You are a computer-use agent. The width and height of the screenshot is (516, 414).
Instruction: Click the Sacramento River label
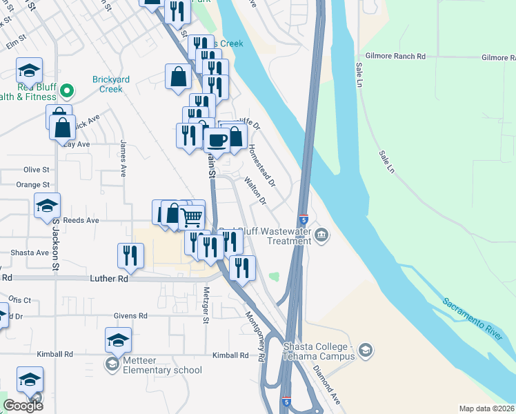tap(473, 318)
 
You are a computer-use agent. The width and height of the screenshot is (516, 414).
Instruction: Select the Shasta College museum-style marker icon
tap(366, 351)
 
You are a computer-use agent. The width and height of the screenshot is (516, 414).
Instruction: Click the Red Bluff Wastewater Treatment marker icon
tap(321, 236)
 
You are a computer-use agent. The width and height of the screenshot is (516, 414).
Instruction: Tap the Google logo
tap(23, 406)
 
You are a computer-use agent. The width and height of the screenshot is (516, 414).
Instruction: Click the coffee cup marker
tap(217, 140)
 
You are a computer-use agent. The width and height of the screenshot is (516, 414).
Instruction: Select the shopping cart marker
tap(192, 218)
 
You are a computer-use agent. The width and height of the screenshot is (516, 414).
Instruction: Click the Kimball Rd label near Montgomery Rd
tap(230, 355)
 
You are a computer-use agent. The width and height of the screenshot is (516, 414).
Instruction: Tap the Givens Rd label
tap(133, 315)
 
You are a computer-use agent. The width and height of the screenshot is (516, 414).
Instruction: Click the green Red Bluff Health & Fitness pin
tap(67, 90)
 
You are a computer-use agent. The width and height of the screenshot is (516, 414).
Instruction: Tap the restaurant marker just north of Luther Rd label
tap(130, 255)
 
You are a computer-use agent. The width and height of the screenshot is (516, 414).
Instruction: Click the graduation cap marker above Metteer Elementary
tap(118, 339)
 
